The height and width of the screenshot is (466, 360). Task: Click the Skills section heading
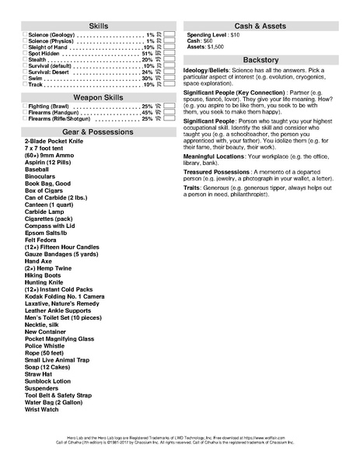pos(99,26)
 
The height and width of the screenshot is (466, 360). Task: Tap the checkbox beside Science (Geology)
pos(24,36)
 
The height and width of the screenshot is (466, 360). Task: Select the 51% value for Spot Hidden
pos(147,53)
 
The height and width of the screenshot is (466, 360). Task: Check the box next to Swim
pos(24,78)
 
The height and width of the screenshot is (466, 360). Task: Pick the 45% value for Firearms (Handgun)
pos(147,113)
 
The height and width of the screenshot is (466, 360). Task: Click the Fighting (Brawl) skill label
pos(51,106)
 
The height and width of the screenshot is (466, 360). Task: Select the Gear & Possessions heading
pos(99,132)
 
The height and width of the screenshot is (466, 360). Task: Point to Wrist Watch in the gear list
pos(41,408)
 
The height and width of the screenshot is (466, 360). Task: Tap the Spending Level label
pos(206,35)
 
